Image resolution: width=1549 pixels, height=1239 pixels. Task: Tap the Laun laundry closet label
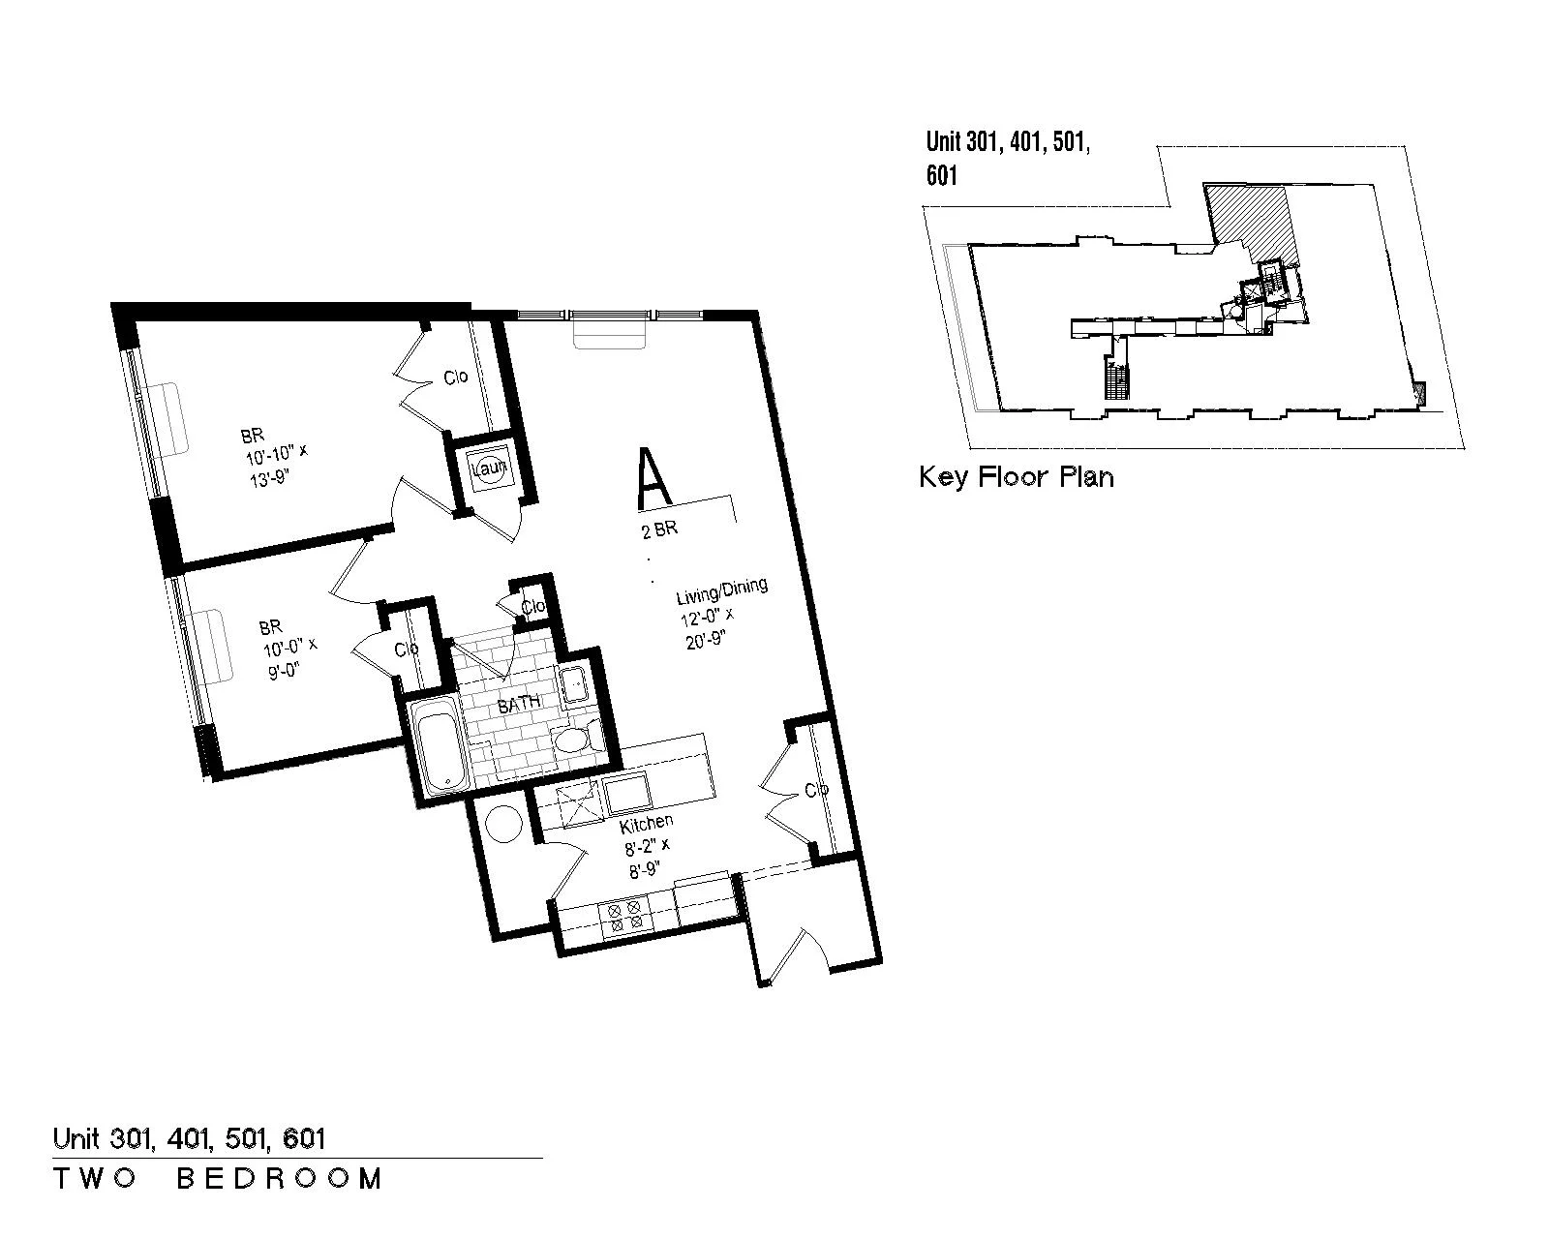point(490,468)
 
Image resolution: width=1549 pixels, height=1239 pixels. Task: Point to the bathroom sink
point(575,684)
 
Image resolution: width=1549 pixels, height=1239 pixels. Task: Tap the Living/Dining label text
point(721,591)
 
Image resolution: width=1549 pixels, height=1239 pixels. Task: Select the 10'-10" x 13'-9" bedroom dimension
point(277,465)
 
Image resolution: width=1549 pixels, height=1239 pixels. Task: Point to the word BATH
point(519,704)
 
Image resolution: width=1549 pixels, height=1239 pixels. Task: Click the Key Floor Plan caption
point(1017,477)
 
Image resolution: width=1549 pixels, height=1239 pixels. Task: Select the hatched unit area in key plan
point(1251,220)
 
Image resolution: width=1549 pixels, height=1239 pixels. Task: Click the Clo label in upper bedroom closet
point(456,377)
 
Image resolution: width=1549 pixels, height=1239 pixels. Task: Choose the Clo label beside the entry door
point(816,791)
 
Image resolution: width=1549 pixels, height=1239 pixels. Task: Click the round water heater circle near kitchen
point(503,823)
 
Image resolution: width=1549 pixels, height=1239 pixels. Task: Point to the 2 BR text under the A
point(659,529)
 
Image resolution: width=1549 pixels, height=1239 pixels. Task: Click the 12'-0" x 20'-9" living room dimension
point(709,628)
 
